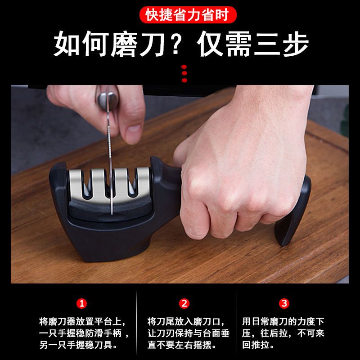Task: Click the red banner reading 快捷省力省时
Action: pos(188,15)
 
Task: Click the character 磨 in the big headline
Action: pos(125,44)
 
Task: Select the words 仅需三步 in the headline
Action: pos(252,44)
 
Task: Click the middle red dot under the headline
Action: pos(184,73)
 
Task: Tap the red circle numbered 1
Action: pos(82,303)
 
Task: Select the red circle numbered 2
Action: pos(184,303)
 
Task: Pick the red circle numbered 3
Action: pos(284,303)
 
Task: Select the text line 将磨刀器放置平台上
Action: pos(82,321)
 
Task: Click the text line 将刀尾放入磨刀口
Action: pos(186,321)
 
